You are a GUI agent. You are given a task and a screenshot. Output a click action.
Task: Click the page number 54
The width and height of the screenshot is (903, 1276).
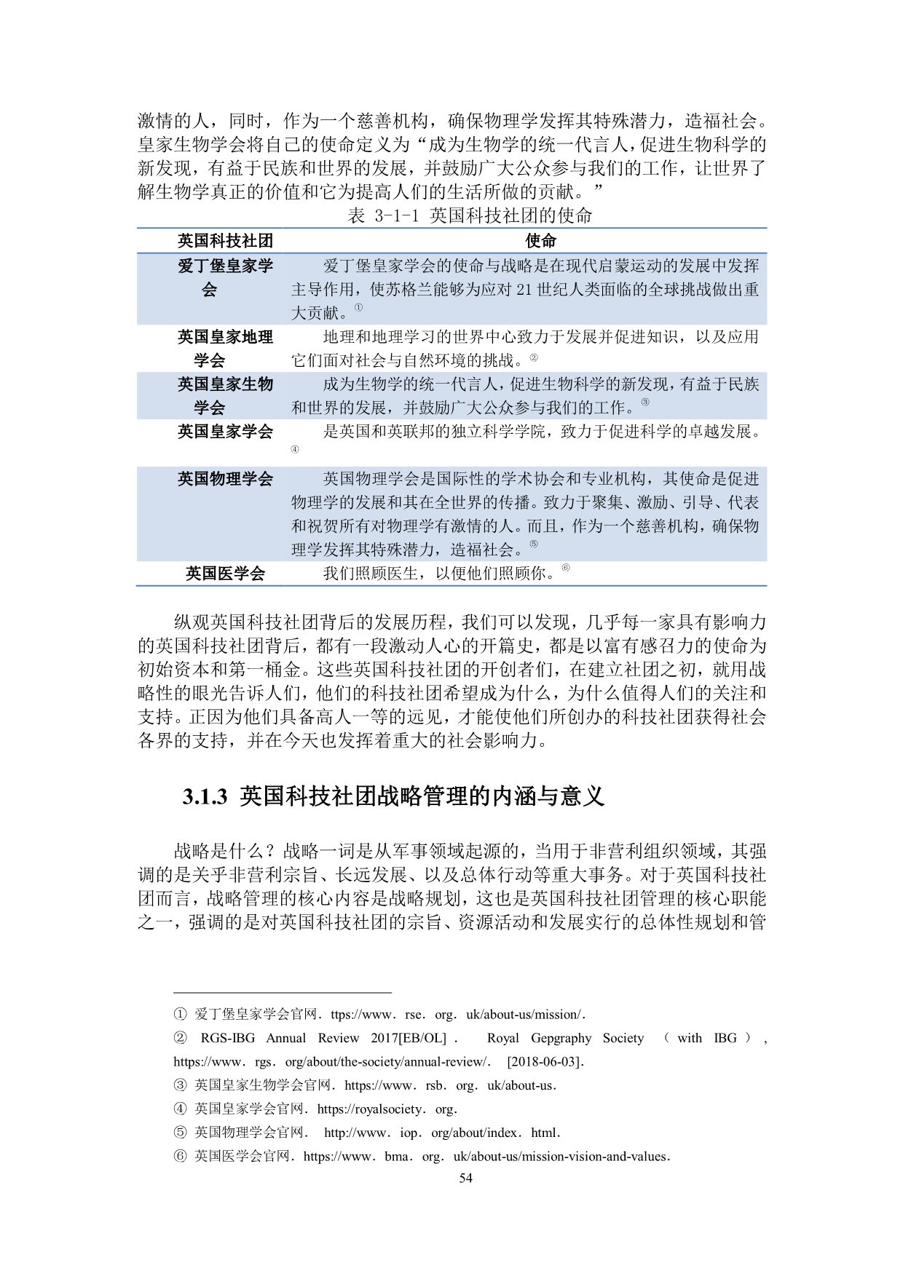(465, 1178)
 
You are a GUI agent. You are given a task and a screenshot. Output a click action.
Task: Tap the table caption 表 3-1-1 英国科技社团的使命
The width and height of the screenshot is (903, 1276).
(470, 215)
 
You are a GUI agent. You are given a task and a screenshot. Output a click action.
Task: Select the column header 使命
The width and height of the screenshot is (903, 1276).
(540, 241)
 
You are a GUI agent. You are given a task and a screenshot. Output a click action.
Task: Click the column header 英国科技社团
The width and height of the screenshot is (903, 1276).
(225, 241)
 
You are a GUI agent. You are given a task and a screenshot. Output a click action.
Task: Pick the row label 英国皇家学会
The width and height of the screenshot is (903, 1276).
(225, 432)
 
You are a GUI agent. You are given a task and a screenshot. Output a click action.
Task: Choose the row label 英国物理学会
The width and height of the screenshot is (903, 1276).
(225, 479)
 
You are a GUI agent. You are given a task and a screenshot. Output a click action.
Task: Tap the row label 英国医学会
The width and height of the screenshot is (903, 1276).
(225, 574)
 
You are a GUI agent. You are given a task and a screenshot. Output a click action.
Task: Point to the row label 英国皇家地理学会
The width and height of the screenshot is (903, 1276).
(225, 349)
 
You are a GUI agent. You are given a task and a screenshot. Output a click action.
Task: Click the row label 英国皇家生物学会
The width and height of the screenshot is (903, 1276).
(225, 396)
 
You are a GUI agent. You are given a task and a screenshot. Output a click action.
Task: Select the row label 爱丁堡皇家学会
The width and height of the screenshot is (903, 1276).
(225, 277)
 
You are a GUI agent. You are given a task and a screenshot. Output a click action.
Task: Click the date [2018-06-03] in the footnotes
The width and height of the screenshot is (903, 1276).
(545, 1061)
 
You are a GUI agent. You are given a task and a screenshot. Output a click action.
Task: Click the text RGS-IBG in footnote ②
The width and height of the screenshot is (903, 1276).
(228, 1038)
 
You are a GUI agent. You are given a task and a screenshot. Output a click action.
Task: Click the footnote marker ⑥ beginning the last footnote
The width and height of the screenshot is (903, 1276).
(180, 1157)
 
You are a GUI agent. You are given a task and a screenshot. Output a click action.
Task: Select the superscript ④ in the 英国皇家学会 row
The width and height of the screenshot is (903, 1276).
(295, 450)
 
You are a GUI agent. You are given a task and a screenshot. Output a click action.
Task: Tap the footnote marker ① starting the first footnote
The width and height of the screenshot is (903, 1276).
(180, 1015)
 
